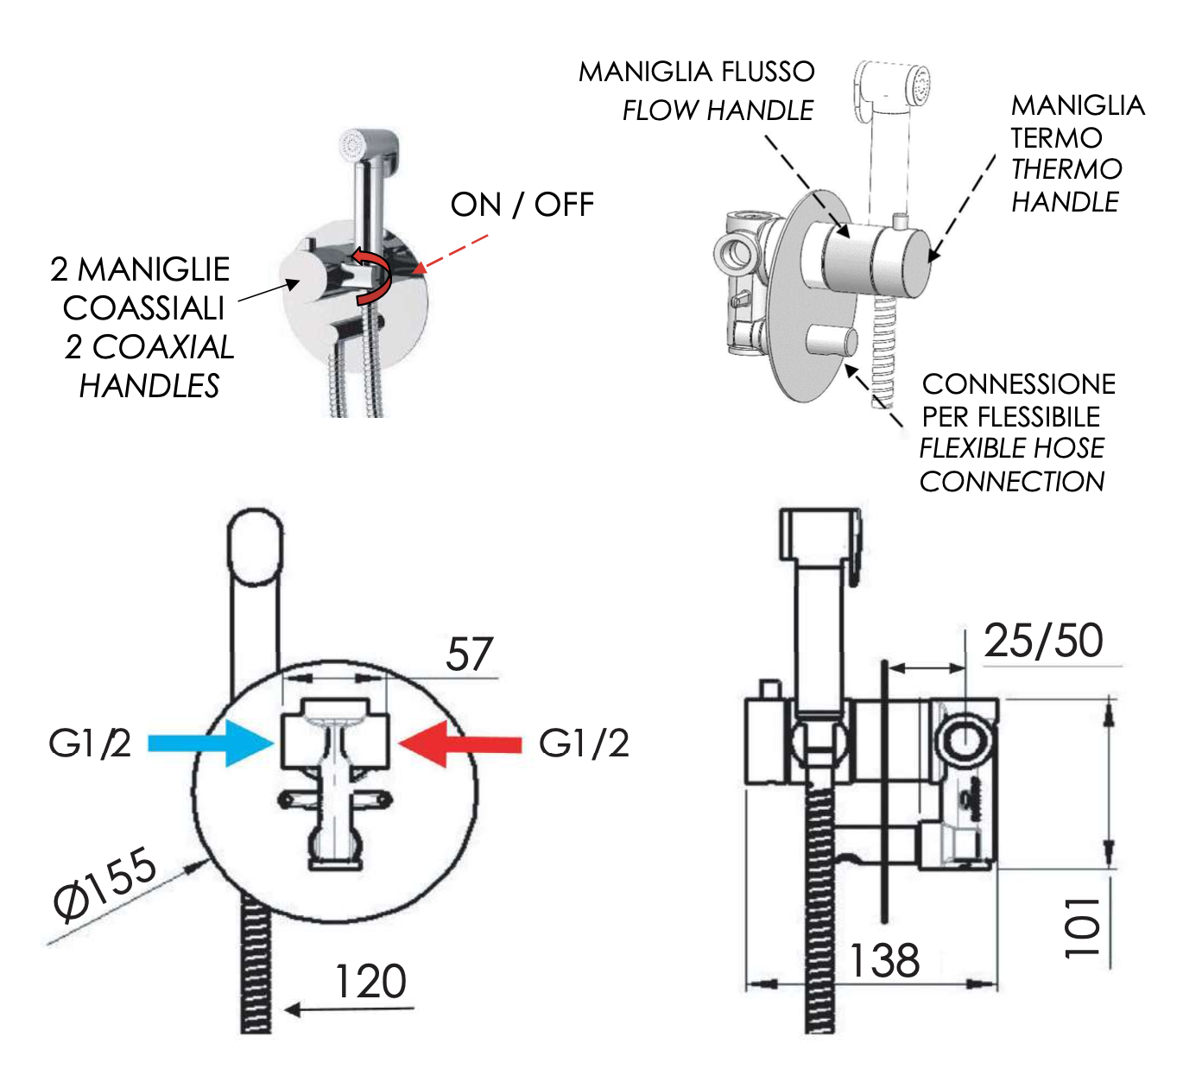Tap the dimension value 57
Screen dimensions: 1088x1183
[469, 655]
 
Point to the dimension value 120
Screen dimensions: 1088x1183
[370, 982]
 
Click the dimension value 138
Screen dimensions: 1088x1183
[883, 961]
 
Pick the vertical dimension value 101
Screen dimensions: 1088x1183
[1083, 927]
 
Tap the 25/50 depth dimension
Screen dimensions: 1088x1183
[1043, 642]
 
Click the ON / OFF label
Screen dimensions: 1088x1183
[522, 206]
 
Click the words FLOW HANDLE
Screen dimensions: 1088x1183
[718, 111]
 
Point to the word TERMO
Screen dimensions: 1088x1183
[1056, 138]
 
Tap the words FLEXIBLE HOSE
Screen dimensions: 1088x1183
[1012, 448]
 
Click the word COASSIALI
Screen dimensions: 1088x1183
[144, 308]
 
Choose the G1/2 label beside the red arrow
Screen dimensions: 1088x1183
[584, 743]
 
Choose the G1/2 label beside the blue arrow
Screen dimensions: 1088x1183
[90, 743]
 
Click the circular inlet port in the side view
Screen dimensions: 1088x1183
[965, 741]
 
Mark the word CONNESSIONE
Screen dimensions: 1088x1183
[1019, 384]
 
